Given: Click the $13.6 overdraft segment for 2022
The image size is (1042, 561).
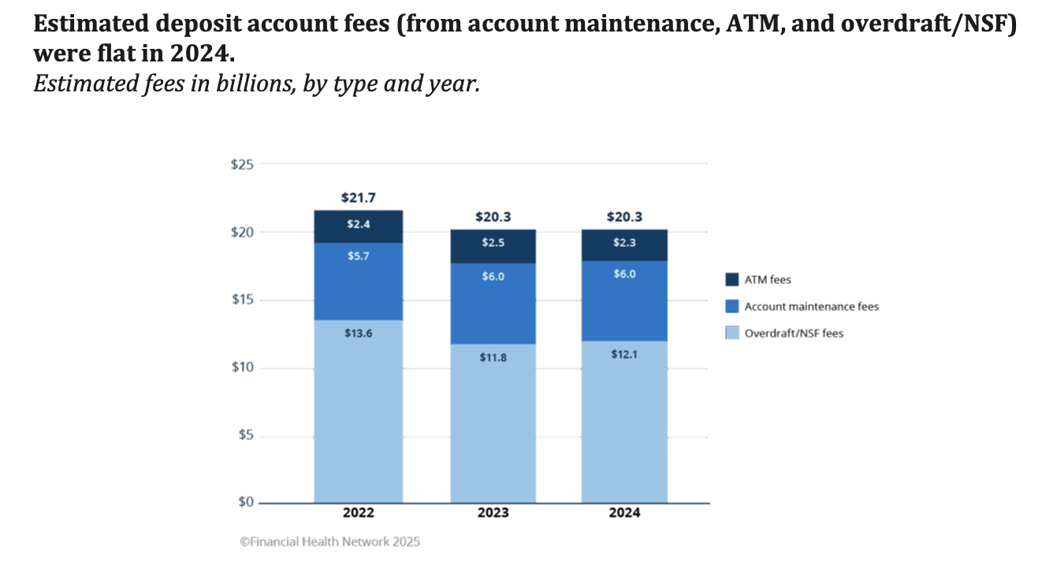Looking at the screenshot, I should point(359,411).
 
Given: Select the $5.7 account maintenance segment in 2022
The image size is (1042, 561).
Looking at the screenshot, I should point(359,281).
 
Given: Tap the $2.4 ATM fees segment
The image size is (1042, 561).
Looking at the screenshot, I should point(359,226).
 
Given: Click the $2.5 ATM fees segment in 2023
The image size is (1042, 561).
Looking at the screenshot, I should point(493,247).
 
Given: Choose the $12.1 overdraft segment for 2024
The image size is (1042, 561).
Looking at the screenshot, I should point(624,422).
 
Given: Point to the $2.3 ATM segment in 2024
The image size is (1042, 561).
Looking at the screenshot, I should point(624,245).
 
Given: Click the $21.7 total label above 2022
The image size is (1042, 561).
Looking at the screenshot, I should point(359,197).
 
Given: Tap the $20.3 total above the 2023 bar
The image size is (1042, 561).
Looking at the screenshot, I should point(493,217).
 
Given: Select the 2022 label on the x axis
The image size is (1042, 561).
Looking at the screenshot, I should point(359,513).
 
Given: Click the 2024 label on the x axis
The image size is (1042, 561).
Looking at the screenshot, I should point(624,513).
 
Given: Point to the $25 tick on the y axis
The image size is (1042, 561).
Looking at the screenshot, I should point(242,165).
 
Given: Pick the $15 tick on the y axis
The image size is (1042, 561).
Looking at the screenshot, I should point(242,300).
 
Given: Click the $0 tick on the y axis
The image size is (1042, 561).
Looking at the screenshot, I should point(244,503).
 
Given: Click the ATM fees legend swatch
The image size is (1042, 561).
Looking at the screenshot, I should point(731,280).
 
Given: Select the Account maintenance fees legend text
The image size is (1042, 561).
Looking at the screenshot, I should point(811,307).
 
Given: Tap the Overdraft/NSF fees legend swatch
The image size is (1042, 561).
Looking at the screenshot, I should point(731,333).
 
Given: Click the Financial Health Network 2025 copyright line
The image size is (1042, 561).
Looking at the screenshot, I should point(329,542).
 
